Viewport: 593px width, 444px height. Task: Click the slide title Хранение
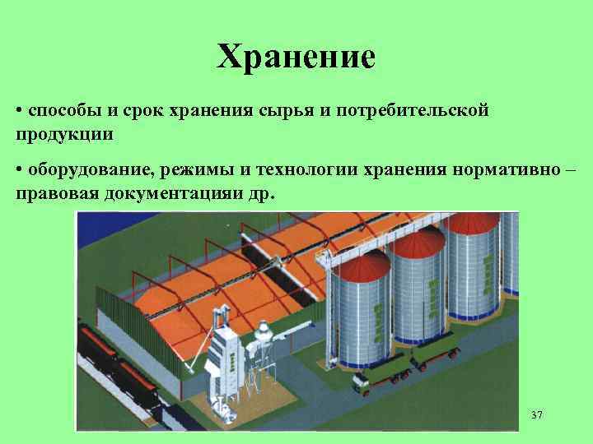tap(296, 57)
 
